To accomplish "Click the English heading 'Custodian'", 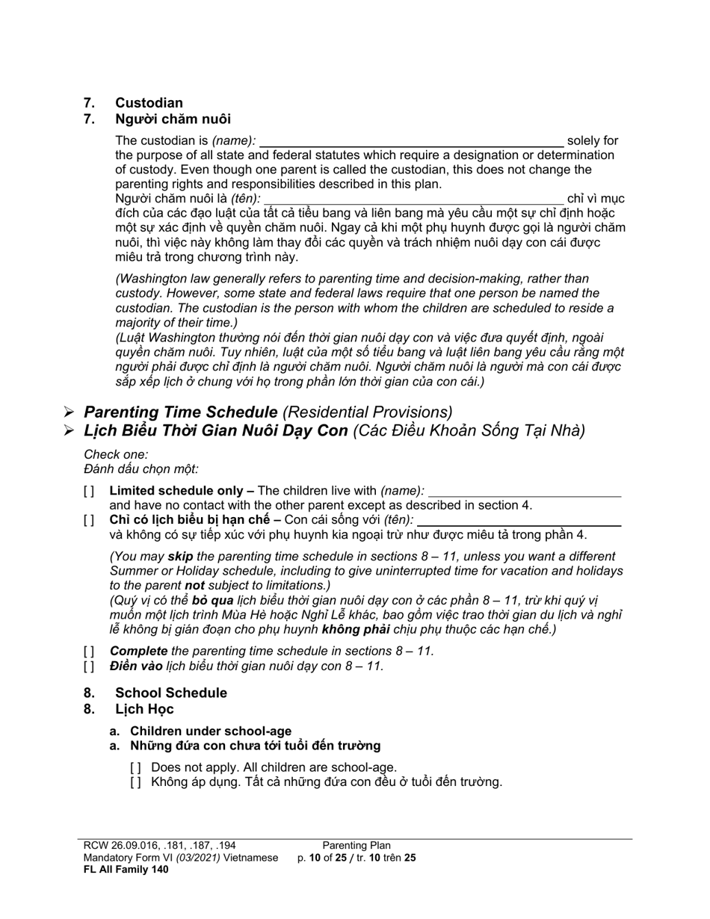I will (149, 103).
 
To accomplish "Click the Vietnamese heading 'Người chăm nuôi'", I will (173, 119).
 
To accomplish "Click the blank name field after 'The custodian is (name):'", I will (411, 141).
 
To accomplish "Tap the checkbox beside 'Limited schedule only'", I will (90, 492).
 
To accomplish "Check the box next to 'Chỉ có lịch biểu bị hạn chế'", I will (90, 520).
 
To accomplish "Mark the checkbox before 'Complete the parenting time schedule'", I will (90, 652).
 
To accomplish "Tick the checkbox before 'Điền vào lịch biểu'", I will (90, 666).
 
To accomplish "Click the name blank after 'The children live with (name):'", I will (524, 492).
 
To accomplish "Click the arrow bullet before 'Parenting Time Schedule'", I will (69, 412).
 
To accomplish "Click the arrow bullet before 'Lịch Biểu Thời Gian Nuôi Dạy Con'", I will (69, 431).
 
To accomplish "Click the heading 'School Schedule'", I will (170, 693).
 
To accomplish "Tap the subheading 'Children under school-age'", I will (211, 731).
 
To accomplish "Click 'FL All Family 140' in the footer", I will (126, 870).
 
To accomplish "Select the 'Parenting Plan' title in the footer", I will (356, 846).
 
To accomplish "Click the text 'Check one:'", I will (116, 454).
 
